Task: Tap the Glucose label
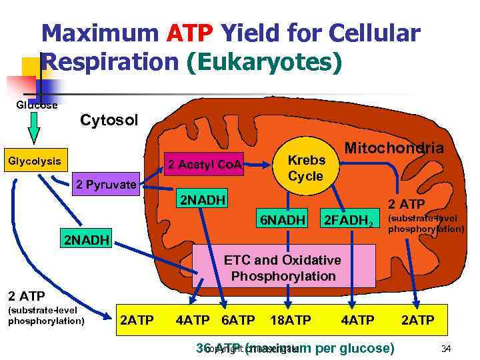click(37, 105)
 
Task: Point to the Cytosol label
click(109, 120)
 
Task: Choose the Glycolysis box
click(33, 161)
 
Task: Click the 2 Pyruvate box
click(106, 184)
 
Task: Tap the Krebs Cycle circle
click(306, 167)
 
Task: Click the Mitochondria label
click(394, 149)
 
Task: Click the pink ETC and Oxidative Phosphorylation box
click(283, 268)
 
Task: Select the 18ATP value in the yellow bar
click(291, 321)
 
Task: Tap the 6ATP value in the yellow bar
click(237, 321)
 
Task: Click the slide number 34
click(446, 347)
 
